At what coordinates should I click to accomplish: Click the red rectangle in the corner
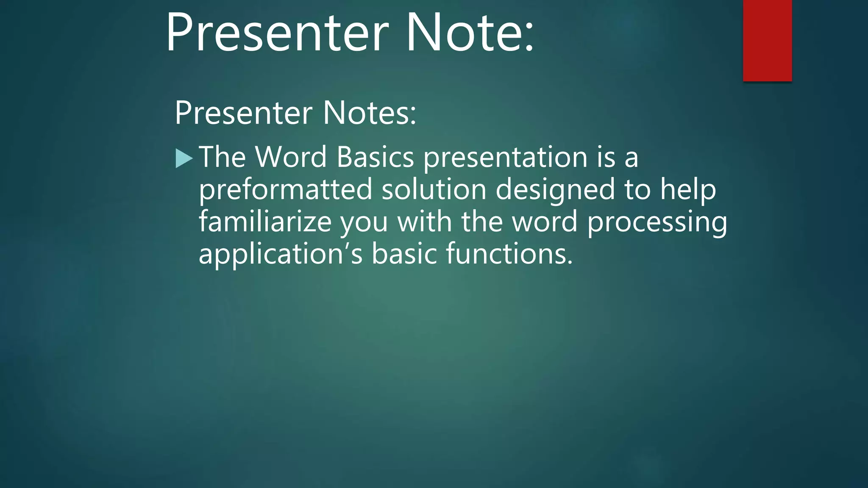point(767,40)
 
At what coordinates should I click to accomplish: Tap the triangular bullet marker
point(184,158)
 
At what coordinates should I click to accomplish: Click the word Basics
point(375,157)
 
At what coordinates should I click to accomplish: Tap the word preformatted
point(285,190)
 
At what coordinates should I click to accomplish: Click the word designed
point(555,190)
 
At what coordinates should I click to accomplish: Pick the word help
point(688,190)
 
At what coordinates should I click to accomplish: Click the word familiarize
point(265,222)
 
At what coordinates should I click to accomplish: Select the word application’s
point(280,254)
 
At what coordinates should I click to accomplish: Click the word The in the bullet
point(222,157)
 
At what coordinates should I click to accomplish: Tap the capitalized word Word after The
point(291,157)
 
